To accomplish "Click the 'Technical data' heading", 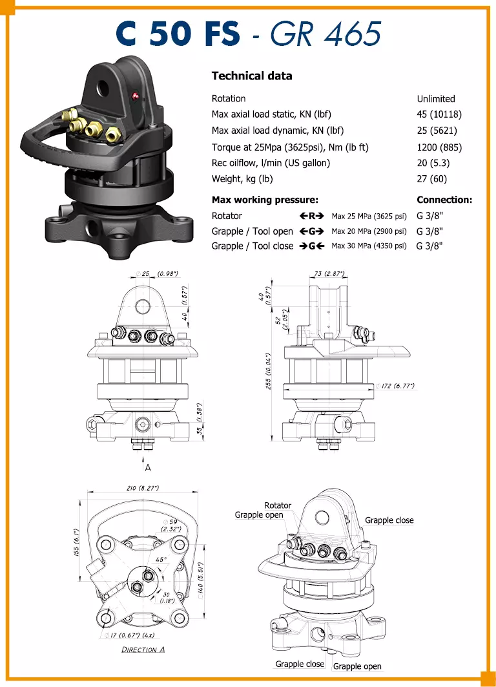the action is tap(252, 76).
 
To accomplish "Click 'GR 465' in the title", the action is tap(326, 34).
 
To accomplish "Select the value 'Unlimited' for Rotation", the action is tap(435, 99).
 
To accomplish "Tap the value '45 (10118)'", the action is tap(439, 114).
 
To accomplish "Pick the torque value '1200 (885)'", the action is tap(439, 147).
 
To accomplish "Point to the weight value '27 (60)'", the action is tap(431, 179).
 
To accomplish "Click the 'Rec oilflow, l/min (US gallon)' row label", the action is tap(271, 163).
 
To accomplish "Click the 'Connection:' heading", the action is tap(444, 200).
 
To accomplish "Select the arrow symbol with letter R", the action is tap(312, 216).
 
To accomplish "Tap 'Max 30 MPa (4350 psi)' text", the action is tap(369, 246).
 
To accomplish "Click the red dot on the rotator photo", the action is tap(135, 96).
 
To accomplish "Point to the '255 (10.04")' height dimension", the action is tap(269, 371).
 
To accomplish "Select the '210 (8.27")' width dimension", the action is tap(143, 488).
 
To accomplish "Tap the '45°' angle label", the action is tap(161, 560).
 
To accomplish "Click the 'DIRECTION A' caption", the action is tap(143, 650).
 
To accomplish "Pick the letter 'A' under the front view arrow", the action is tap(148, 468).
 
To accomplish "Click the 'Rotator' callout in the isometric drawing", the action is tap(278, 505).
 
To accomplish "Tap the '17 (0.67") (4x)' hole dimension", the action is tap(130, 635).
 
